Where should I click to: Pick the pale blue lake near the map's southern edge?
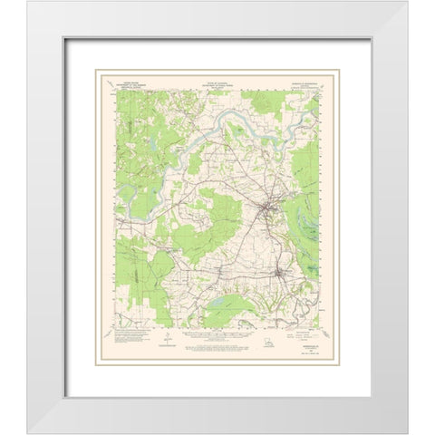(226, 297)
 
